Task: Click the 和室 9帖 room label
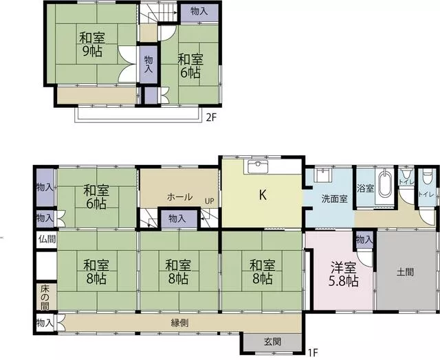[x=91, y=44]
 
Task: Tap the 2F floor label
[x=211, y=117]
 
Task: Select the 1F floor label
[x=313, y=352]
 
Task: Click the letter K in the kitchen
[x=263, y=194]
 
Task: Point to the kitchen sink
[x=258, y=167]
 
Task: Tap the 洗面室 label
[x=335, y=199]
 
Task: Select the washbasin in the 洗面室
[x=324, y=175]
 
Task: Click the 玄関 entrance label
[x=272, y=341]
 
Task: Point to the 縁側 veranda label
[x=180, y=323]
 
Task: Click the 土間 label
[x=405, y=271]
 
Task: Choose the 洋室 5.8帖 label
[x=344, y=274]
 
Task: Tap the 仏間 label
[x=47, y=239]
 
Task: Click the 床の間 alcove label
[x=45, y=297]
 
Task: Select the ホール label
[x=179, y=196]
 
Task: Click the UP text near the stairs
[x=209, y=201]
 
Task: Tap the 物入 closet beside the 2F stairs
[x=199, y=11]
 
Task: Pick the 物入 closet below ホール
[x=177, y=218]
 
